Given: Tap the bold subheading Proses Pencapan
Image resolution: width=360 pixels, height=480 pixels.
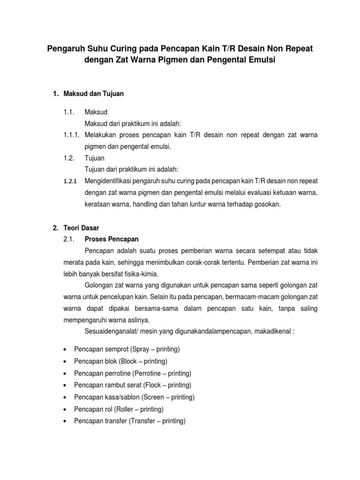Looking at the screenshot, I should [x=112, y=239].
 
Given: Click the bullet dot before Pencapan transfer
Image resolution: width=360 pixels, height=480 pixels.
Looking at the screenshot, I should [x=64, y=421].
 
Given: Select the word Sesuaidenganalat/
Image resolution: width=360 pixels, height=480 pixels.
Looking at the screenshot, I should [x=112, y=331].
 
